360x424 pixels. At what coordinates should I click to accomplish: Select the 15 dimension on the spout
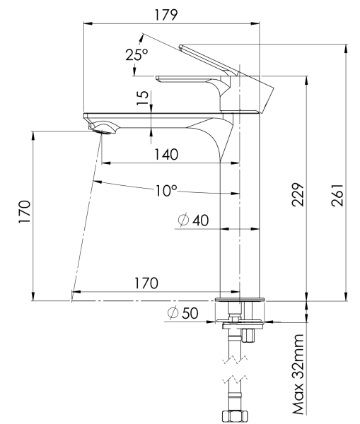tap(144, 98)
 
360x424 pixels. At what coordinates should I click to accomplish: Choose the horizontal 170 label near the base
tap(145, 283)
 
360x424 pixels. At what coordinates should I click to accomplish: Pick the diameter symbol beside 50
tap(172, 313)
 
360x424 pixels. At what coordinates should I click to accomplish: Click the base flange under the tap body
tap(241, 300)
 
